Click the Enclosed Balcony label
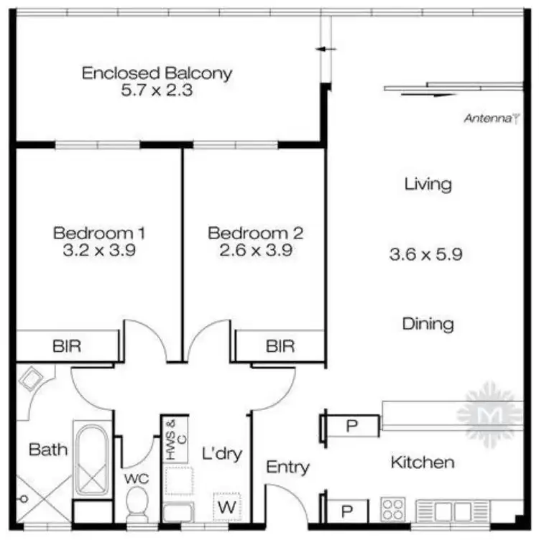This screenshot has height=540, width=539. [157, 73]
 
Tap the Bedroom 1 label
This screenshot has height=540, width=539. [100, 233]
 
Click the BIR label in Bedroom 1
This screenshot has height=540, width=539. [67, 346]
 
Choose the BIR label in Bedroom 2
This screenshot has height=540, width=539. [280, 346]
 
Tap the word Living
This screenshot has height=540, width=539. [428, 184]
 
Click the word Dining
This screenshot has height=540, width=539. [428, 323]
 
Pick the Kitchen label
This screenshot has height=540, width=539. [422, 462]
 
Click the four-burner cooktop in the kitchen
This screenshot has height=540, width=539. [392, 509]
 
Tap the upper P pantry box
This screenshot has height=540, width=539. [351, 426]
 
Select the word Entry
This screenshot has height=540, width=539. [287, 467]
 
